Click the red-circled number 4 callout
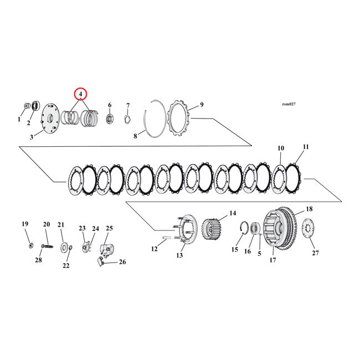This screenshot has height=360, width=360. click(x=81, y=94)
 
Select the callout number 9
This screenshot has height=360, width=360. click(x=202, y=105)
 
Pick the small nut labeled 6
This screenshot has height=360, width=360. click(x=109, y=118)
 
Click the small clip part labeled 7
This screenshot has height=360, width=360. click(x=126, y=119)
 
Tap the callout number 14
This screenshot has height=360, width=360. click(x=233, y=213)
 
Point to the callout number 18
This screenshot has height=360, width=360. click(x=309, y=210)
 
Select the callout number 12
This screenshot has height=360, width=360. click(x=154, y=249)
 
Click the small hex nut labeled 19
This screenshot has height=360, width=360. click(x=28, y=245)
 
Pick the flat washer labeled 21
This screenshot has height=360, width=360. click(x=64, y=245)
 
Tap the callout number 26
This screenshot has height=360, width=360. click(x=122, y=263)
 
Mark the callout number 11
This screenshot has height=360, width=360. click(x=306, y=147)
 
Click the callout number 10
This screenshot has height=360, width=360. click(x=281, y=148)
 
